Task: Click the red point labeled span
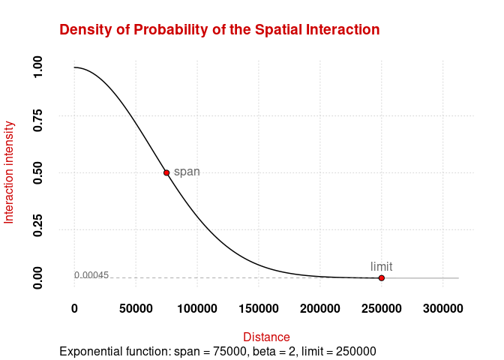point(166,172)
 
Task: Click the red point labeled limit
point(382,278)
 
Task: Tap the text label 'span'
point(187,172)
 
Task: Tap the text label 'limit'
point(382,266)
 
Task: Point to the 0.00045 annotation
point(91,275)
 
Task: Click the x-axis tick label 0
point(74,308)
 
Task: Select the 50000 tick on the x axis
point(136,308)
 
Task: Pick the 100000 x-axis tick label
point(197,308)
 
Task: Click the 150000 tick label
point(259,308)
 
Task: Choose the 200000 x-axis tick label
point(320,308)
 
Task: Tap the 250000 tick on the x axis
point(382,308)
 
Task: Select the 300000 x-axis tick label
point(443,308)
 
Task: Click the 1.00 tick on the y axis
point(38,67)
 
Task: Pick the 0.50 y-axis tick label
point(38,172)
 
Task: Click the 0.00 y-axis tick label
point(38,277)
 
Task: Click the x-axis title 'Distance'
point(266,337)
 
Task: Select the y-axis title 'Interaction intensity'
point(10,172)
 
